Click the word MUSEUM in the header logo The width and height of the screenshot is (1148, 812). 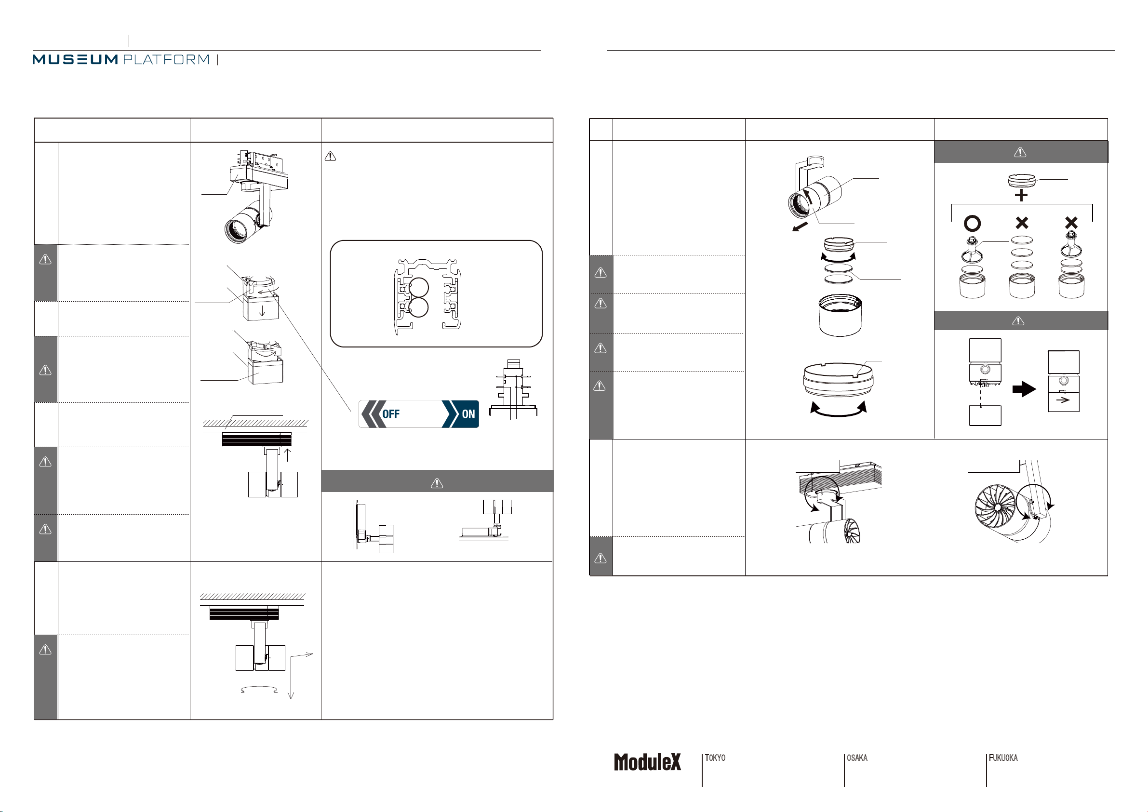click(75, 59)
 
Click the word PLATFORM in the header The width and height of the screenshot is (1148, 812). click(166, 59)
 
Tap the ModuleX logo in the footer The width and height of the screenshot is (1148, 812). click(648, 762)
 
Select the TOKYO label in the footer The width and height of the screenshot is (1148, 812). click(715, 758)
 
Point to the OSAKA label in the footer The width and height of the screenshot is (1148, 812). click(857, 758)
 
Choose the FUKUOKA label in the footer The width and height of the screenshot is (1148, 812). click(1003, 758)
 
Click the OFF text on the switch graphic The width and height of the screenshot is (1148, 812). click(391, 414)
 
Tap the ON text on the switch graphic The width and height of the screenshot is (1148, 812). click(468, 414)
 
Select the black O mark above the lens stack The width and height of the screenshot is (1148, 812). click(973, 224)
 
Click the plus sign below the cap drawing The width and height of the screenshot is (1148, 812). click(1021, 196)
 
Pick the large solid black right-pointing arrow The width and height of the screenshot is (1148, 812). click(1025, 389)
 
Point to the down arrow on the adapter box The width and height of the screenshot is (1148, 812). click(262, 310)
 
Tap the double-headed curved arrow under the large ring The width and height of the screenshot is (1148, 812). click(838, 413)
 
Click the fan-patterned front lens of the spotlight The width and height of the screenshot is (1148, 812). click(996, 506)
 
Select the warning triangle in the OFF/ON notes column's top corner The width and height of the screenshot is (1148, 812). click(331, 157)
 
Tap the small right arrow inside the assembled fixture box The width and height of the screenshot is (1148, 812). click(1063, 399)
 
